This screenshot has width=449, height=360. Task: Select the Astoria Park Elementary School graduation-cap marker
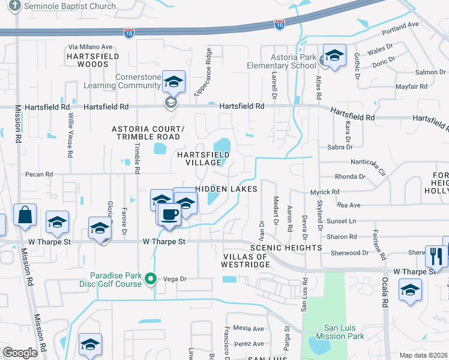click(x=334, y=56)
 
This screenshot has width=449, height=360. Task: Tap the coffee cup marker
click(x=169, y=214)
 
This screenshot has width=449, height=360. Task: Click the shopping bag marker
click(x=25, y=216)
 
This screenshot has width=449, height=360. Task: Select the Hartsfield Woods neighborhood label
click(x=93, y=60)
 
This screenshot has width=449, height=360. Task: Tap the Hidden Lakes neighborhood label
click(x=227, y=188)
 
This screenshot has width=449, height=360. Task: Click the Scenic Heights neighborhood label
click(x=286, y=248)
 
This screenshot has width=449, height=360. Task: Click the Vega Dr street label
click(x=176, y=279)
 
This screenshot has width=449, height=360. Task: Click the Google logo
click(x=20, y=353)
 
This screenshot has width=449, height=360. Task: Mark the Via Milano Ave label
click(x=91, y=47)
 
